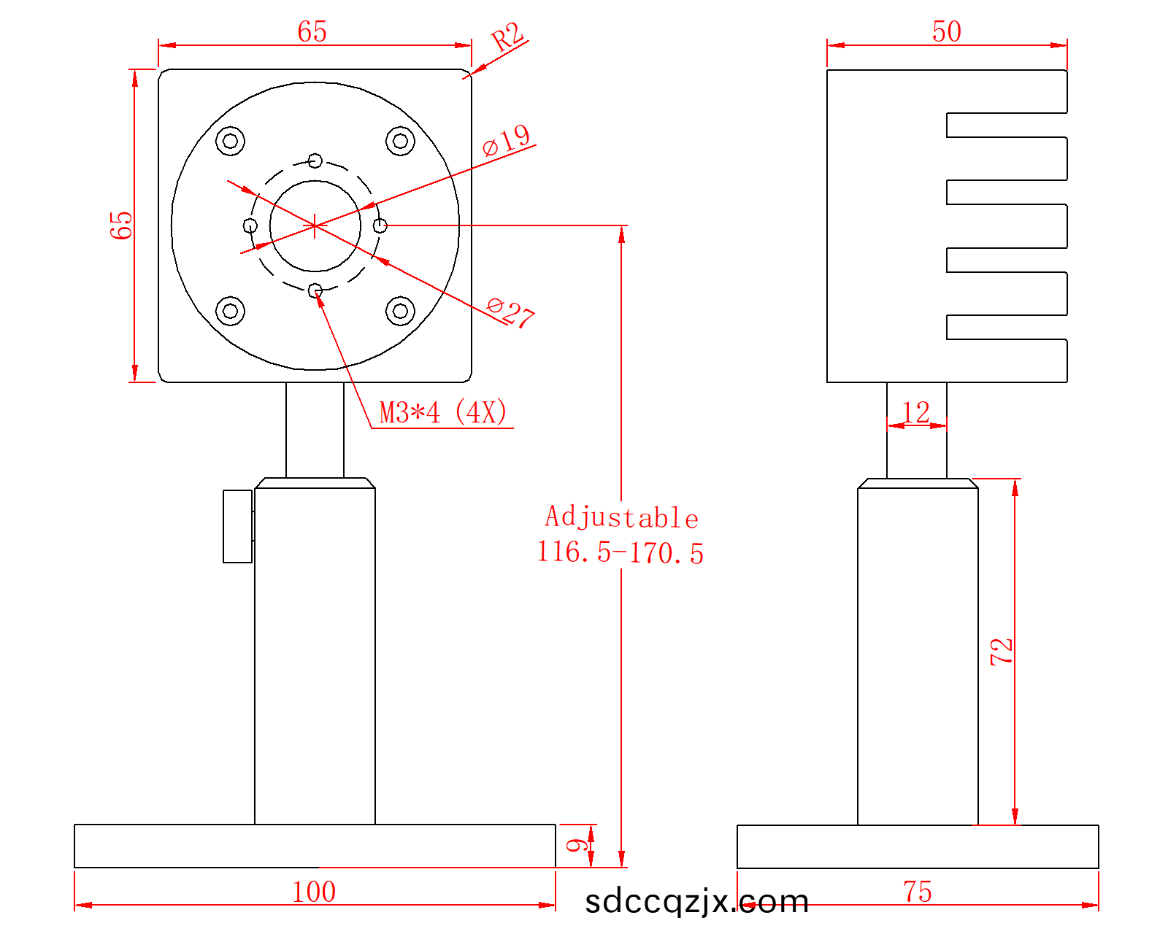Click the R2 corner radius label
507,37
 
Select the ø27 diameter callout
510,312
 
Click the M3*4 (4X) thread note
443,412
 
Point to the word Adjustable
622,517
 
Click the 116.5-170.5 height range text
620,552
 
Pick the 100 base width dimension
314,891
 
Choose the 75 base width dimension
918,891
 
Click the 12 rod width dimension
916,412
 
